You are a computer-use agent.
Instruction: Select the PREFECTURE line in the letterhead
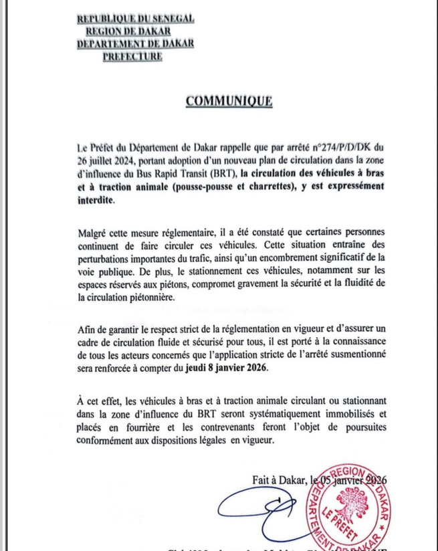pos(133,57)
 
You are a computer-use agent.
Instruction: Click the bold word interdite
pos(95,200)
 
